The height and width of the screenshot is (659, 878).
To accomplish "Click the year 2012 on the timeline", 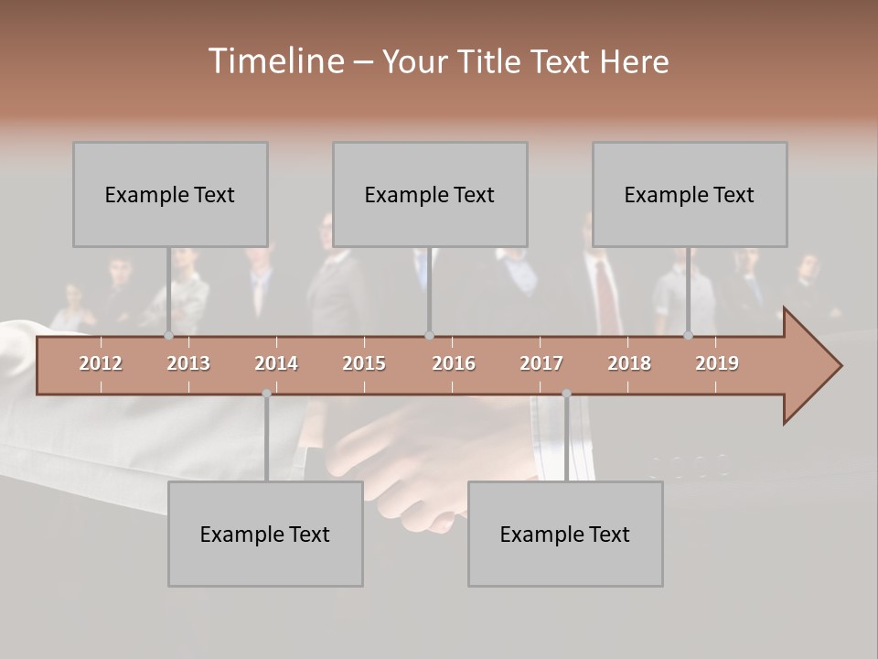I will [101, 363].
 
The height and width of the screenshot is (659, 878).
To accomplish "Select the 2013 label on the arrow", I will [188, 363].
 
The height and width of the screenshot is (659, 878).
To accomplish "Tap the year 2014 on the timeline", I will [276, 363].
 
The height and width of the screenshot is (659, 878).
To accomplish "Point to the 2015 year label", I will [364, 363].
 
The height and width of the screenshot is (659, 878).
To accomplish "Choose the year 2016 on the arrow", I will [454, 363].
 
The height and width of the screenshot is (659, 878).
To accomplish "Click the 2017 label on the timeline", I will [541, 363].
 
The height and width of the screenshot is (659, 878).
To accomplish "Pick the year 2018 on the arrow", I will [629, 363].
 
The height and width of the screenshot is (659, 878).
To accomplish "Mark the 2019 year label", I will [717, 363].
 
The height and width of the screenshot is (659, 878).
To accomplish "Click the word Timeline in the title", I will [274, 61].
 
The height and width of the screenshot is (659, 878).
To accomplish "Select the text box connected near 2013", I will [170, 194].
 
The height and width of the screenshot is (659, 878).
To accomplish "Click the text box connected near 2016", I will [430, 194].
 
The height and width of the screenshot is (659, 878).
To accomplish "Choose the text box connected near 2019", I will [690, 194].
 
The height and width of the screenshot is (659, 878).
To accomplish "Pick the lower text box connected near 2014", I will [265, 534].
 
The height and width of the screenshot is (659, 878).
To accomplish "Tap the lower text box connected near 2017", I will [565, 534].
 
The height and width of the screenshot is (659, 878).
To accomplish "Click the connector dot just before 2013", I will [168, 335].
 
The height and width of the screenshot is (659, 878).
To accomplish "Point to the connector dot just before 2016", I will [429, 335].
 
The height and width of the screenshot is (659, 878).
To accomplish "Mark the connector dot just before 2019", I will [688, 335].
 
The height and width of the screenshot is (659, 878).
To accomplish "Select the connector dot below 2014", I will [266, 394].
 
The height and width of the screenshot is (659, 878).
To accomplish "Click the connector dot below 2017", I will [566, 394].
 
